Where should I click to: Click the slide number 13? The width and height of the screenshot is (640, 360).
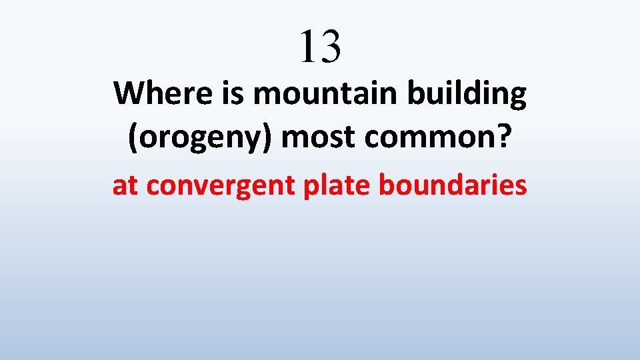pos(320,46)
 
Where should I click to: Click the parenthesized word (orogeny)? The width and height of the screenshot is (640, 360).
pos(199,138)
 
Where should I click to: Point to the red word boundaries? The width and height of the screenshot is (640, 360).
pos(453,185)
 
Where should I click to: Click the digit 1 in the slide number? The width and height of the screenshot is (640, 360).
pos(307,46)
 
